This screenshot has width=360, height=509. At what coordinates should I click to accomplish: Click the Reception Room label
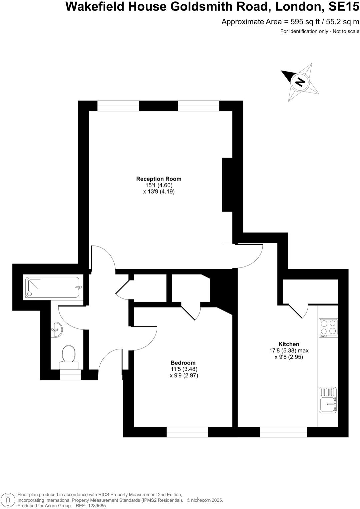pos(159,179)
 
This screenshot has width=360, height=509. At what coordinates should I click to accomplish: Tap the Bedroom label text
pos(183,363)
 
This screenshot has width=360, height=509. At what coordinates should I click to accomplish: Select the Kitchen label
pos(289,344)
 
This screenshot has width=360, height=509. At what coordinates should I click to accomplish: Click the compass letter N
pos(300,82)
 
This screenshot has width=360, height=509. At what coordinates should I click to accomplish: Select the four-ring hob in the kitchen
pos(328,327)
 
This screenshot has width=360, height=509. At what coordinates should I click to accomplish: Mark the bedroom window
pos(187,432)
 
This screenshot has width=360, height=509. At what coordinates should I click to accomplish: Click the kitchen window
pos(283,432)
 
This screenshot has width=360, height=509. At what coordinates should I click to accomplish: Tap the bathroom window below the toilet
pos(70,375)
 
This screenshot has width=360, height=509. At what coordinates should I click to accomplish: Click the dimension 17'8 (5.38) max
pos(289,350)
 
